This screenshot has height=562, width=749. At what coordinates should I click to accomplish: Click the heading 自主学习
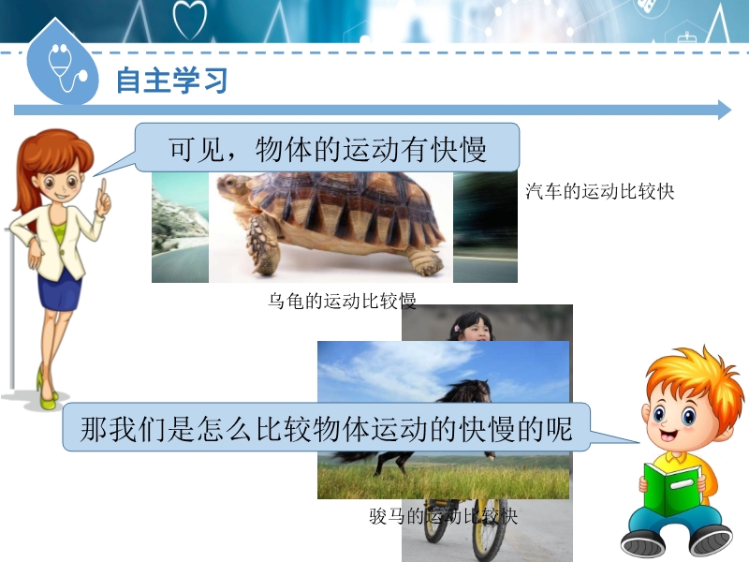pyautogui.click(x=172, y=81)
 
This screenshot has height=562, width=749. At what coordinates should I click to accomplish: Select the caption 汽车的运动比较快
pyautogui.click(x=600, y=192)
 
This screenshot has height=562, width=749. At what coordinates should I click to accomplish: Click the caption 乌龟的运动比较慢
pyautogui.click(x=342, y=301)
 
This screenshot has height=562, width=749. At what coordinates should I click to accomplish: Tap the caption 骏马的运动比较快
pyautogui.click(x=443, y=516)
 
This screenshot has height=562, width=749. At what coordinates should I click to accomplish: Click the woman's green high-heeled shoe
pyautogui.click(x=47, y=392)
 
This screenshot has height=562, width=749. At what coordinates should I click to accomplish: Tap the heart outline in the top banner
pyautogui.click(x=190, y=19)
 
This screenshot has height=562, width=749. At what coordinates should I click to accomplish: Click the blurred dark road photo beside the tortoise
pyautogui.click(x=485, y=228)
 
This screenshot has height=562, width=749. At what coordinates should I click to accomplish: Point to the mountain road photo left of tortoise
pyautogui.click(x=180, y=228)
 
